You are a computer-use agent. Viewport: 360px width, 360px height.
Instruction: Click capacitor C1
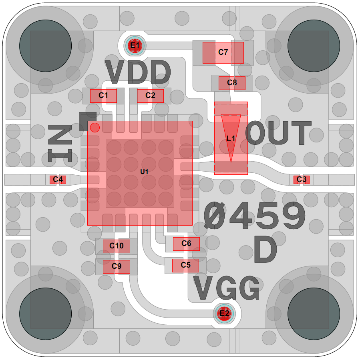[103, 96]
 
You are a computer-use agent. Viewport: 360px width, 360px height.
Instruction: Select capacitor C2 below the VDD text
[150, 96]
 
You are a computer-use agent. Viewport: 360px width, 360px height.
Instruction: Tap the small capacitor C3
[302, 180]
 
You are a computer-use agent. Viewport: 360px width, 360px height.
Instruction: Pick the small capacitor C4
[58, 180]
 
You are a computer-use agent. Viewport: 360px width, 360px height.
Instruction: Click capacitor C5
[185, 265]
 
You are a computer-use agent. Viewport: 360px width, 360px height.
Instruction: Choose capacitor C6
[186, 244]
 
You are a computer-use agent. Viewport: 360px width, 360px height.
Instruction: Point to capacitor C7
[223, 52]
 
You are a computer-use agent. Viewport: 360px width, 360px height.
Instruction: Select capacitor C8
[232, 83]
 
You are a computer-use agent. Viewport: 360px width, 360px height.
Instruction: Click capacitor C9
[117, 266]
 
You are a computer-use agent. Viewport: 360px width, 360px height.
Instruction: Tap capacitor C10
[117, 246]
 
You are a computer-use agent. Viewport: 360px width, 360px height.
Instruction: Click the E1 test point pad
[135, 46]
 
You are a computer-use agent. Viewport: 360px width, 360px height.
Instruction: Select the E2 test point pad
[224, 314]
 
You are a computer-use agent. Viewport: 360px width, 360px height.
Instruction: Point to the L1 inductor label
[231, 139]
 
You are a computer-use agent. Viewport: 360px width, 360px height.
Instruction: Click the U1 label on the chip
[144, 172]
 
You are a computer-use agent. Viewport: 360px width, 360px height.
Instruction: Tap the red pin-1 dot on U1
[95, 128]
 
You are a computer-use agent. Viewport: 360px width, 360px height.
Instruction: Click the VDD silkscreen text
[138, 72]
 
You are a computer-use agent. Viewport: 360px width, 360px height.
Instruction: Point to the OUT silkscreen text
[278, 134]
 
